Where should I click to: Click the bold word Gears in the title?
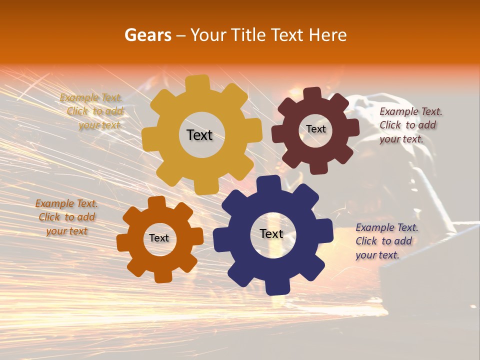pos(147,35)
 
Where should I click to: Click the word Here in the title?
pos(328,35)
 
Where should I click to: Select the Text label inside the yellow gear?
pos(199,135)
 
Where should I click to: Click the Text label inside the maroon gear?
pos(316,129)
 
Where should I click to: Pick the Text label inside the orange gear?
pos(159,238)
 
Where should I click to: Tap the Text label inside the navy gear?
pos(271,233)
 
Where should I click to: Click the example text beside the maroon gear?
pos(410,125)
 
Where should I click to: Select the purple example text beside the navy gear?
pos(386,241)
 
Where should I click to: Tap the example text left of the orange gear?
pos(66,217)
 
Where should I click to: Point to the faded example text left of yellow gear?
pos(93,111)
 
